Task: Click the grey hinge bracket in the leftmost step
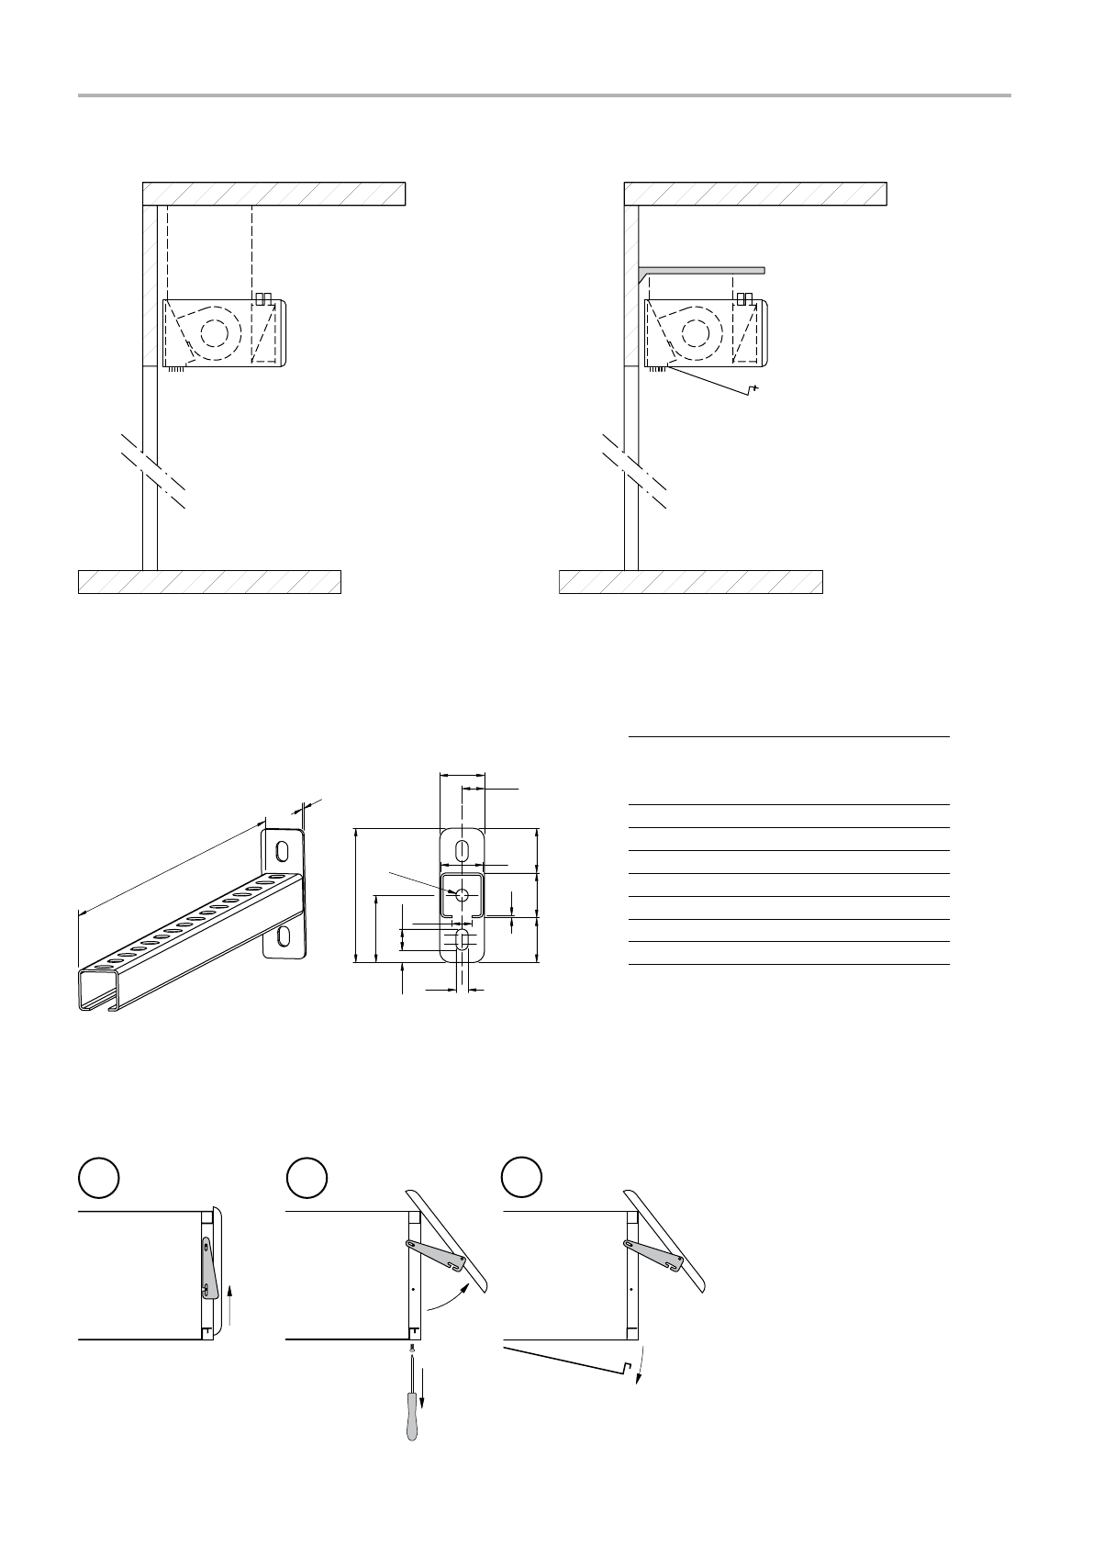tap(208, 1268)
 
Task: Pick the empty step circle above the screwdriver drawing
tap(307, 1178)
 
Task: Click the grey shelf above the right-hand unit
tap(702, 270)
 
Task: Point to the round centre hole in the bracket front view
tap(463, 894)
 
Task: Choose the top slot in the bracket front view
tap(463, 849)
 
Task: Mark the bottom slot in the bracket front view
tap(463, 939)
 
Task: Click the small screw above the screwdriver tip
tap(413, 1349)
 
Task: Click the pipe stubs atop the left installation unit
tap(263, 298)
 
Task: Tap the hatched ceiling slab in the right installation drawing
tap(754, 194)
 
